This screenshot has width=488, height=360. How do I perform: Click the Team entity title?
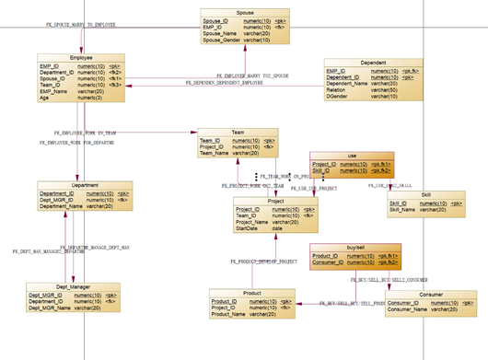point(238,132)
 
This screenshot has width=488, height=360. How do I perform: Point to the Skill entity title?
point(425,194)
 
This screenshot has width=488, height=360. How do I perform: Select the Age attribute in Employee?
point(45,98)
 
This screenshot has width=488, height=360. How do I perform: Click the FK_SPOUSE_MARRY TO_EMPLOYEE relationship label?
point(81,25)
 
